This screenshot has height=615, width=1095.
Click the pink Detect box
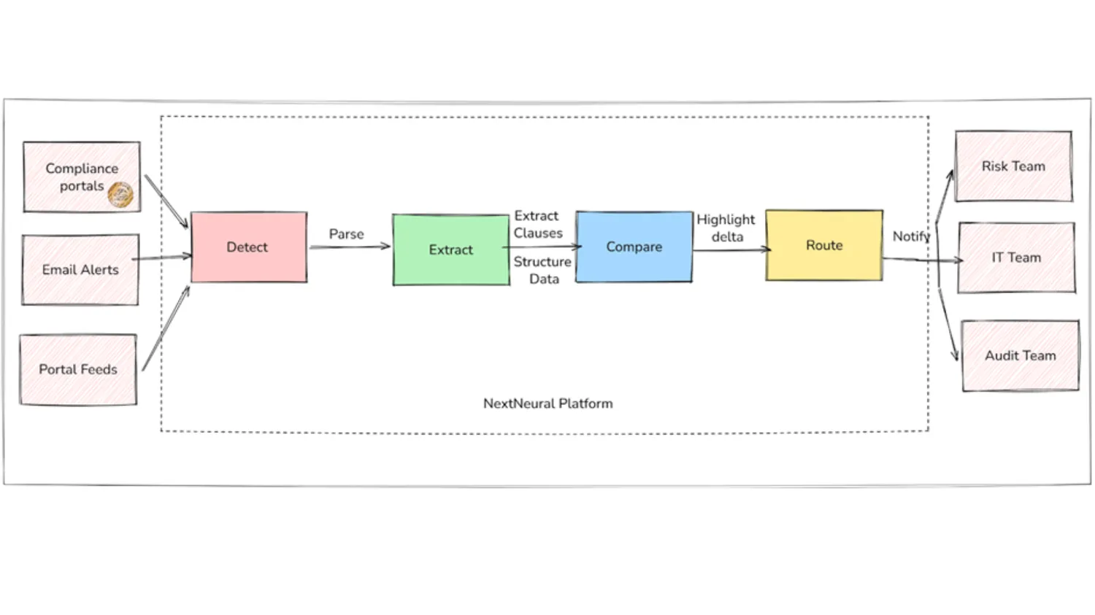point(248,247)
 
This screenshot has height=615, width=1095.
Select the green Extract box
point(450,250)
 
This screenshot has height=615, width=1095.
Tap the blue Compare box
point(634,247)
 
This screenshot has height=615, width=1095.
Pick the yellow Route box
point(823,245)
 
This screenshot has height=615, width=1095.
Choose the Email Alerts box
point(80,270)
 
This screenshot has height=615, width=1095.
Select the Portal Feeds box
point(78,370)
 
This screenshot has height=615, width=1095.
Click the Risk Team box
point(1013,166)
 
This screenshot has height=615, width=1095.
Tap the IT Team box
point(1016,258)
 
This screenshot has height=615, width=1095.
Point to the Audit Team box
point(1020,356)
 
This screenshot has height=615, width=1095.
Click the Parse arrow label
point(346,234)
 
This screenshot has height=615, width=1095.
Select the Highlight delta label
point(726,228)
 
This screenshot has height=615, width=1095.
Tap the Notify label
point(910,236)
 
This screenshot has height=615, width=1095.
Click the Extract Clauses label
point(538,225)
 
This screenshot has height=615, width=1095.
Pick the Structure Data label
point(542,270)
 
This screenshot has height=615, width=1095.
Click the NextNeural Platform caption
point(547,403)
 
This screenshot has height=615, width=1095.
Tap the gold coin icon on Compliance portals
point(120,195)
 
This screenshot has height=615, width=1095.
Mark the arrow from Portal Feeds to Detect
point(166,328)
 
